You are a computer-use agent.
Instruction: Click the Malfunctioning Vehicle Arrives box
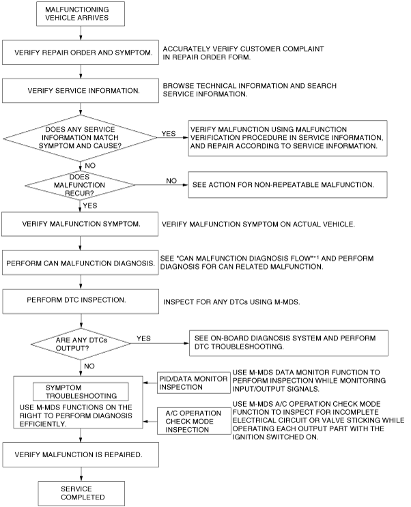pos(81,14)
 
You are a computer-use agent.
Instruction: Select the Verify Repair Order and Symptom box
pos(81,53)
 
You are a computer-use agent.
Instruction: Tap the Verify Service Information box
pos(81,91)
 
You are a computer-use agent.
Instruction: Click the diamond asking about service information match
pos(81,138)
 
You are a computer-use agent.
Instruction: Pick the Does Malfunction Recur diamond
pos(80,186)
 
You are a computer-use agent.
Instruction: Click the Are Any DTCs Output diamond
pos(81,344)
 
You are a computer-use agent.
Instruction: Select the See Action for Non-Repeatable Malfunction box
pos(287,185)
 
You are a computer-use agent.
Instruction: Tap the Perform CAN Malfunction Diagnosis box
pos(81,263)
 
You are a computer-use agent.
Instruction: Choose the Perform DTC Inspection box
pos(81,302)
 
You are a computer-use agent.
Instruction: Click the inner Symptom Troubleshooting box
pos(81,392)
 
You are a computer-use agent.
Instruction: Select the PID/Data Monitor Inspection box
pos(194,383)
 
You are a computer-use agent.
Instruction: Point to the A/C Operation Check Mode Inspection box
pos(194,421)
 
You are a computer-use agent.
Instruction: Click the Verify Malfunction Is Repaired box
pos(81,454)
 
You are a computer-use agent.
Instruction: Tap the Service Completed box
pos(81,493)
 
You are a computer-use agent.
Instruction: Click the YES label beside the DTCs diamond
pos(143,338)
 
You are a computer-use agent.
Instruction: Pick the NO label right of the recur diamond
pos(171,181)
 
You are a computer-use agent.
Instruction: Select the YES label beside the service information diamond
pos(169,134)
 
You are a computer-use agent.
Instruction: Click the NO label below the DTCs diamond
pos(89,366)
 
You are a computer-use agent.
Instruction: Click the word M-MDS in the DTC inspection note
pos(287,302)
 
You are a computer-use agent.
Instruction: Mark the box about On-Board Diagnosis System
pos(289,343)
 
